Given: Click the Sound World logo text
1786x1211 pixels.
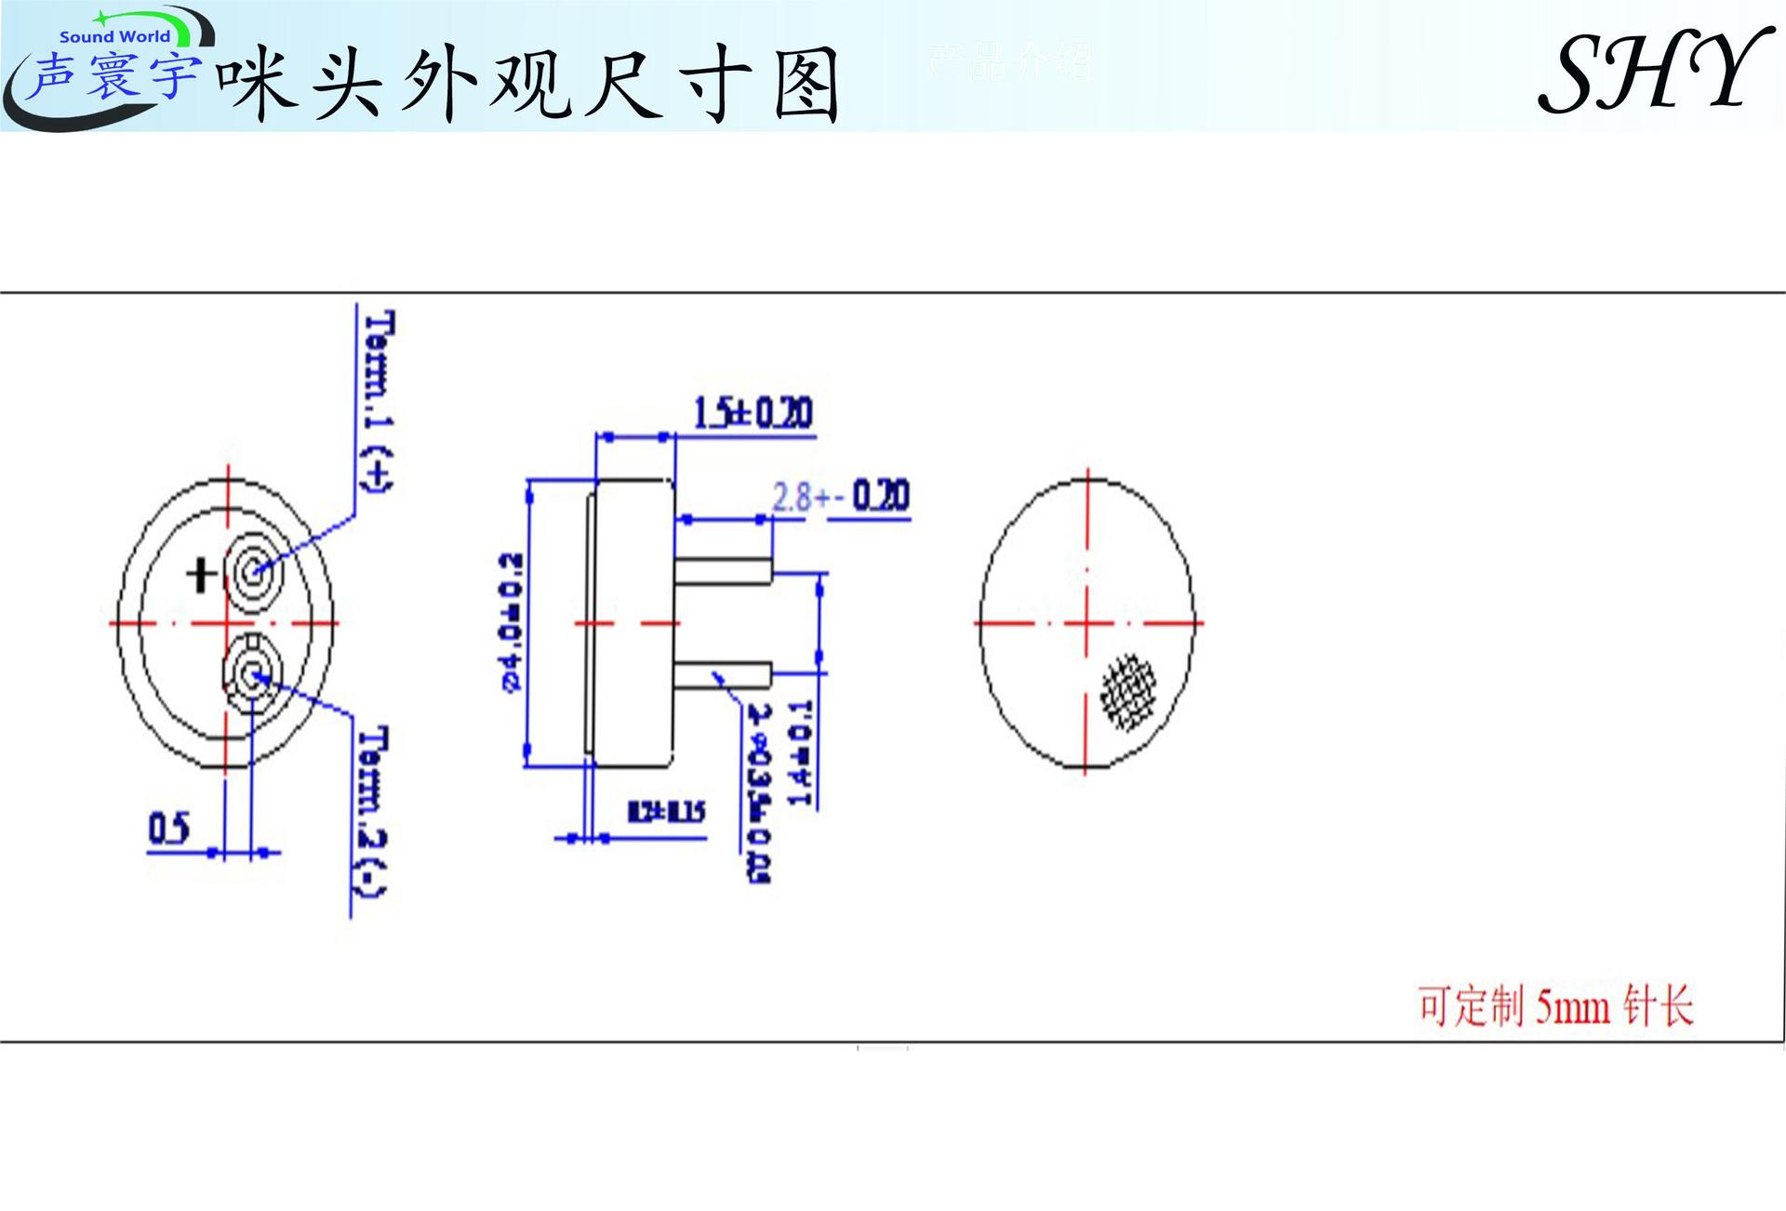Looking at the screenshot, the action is [114, 37].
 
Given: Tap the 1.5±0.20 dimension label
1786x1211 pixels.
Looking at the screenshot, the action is [753, 412].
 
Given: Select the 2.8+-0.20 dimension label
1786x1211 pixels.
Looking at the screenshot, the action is [840, 497].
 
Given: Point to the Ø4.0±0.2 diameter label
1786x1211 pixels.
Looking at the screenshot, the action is [512, 622].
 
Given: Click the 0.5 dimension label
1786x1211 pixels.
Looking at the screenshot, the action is [168, 828].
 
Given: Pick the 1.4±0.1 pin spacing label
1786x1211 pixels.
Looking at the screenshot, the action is [800, 753].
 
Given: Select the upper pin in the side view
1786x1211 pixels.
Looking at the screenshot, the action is [723, 570].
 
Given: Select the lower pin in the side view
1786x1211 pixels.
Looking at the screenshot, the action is [723, 674].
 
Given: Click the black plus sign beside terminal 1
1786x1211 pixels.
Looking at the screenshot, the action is [201, 574].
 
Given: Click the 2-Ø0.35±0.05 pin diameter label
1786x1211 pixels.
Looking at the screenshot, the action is [760, 792].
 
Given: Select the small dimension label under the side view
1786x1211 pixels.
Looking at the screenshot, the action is [666, 812].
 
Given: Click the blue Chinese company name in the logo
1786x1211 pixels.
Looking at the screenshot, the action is [112, 76].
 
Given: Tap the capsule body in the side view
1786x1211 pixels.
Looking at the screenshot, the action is [633, 622].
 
